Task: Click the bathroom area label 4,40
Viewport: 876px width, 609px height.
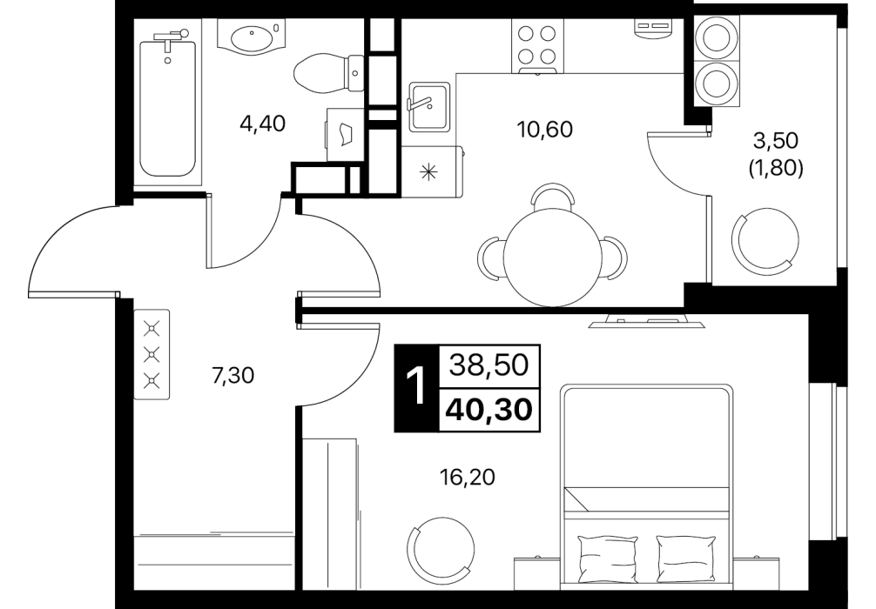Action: point(262,124)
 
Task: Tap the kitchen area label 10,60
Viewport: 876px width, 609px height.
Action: point(545,130)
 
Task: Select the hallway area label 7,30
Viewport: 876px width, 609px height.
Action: point(233,376)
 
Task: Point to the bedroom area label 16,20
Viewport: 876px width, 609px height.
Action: point(468,478)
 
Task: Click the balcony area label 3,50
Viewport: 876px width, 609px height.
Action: point(776,141)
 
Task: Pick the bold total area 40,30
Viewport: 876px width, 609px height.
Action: point(489,411)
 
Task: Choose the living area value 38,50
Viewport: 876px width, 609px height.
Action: point(489,365)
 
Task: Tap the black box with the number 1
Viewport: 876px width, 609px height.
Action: point(417,389)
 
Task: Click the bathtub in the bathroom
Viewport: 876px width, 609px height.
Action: point(167,107)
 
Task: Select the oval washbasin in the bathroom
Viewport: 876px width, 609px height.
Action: point(252,38)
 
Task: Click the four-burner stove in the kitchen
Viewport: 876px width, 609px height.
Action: point(537,45)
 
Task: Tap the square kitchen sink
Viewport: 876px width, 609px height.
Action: point(429,107)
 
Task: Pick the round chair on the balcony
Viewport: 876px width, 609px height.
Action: point(765,240)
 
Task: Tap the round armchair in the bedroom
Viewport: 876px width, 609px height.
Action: point(441,550)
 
